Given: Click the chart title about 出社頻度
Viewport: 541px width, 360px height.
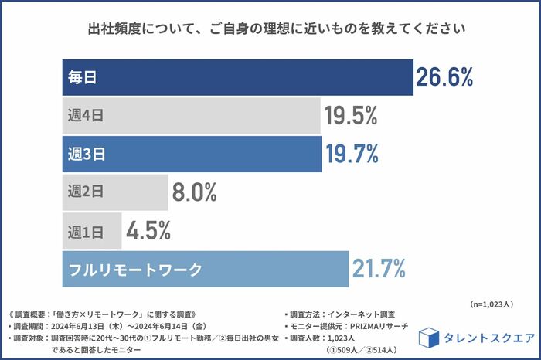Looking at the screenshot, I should click(270, 31).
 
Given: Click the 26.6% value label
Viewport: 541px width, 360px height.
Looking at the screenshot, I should click(444, 76).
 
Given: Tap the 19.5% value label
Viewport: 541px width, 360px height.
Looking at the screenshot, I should click(351, 116).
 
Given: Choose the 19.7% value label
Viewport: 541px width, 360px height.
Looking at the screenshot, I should click(352, 154).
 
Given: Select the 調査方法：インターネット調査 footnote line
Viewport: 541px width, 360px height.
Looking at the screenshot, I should click(341, 314).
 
